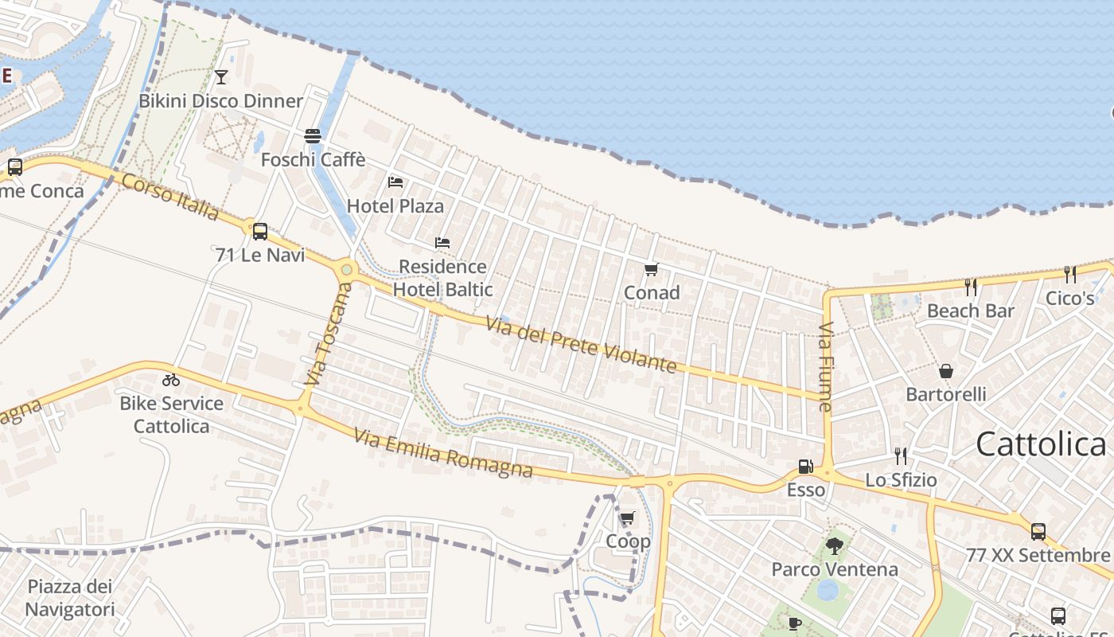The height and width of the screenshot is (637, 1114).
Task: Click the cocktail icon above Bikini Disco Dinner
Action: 221,76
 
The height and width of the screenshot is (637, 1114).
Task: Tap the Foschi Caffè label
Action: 313,160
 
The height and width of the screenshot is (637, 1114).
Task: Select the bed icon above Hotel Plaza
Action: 395,182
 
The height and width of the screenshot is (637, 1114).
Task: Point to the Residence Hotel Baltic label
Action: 442,278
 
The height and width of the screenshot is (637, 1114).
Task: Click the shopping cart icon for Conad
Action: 652,269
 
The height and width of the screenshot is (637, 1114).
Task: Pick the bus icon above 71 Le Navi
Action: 259,232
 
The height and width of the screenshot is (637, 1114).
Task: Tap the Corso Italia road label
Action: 170,196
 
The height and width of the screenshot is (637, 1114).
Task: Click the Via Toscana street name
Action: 327,334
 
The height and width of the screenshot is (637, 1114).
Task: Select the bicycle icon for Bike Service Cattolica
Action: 171,380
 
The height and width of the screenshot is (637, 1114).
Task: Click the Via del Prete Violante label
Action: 581,345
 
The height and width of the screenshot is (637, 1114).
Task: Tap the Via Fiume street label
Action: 825,366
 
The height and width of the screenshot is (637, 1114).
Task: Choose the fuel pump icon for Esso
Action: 806,467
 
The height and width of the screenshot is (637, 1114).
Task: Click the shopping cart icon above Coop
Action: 627,518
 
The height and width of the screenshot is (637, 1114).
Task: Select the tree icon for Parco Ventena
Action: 834,546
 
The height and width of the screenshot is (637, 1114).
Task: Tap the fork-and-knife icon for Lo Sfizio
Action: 901,456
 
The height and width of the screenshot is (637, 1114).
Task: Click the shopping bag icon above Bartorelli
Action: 946,371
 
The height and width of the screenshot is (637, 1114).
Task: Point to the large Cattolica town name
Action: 1041,444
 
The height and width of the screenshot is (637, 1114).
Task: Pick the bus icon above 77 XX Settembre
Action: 1038,532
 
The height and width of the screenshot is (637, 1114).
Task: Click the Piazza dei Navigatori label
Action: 70,598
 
